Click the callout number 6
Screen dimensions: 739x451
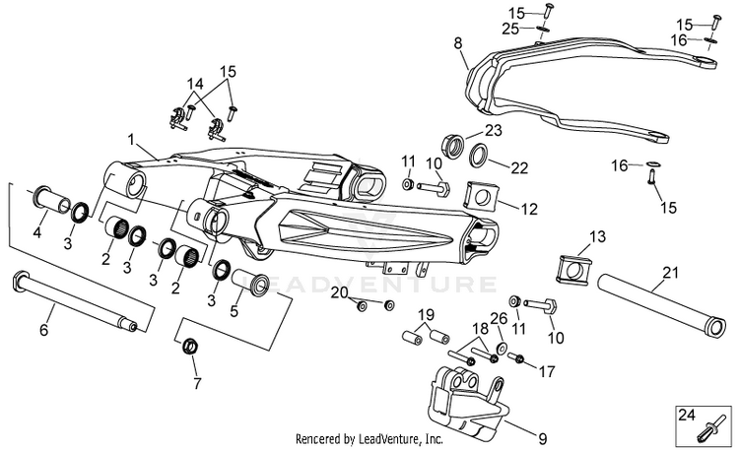(x=43, y=330)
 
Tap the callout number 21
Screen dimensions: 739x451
(x=671, y=273)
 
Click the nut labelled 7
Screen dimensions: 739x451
(x=190, y=347)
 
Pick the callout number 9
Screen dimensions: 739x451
(x=543, y=439)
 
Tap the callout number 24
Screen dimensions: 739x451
(x=687, y=415)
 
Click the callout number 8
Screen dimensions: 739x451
(x=458, y=43)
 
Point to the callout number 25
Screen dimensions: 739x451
(x=510, y=29)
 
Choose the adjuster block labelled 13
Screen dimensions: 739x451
(x=573, y=270)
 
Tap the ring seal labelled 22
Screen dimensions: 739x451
(x=479, y=156)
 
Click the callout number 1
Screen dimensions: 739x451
(x=131, y=140)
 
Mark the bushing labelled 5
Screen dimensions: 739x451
(x=250, y=283)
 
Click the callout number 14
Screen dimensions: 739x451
(x=195, y=85)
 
